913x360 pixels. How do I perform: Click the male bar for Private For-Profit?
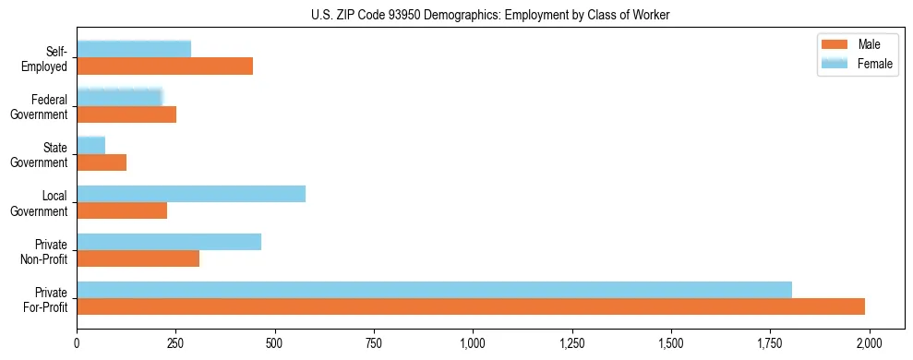(471, 306)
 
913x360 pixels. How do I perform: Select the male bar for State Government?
(102, 162)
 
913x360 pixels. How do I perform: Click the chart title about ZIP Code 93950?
(490, 15)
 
